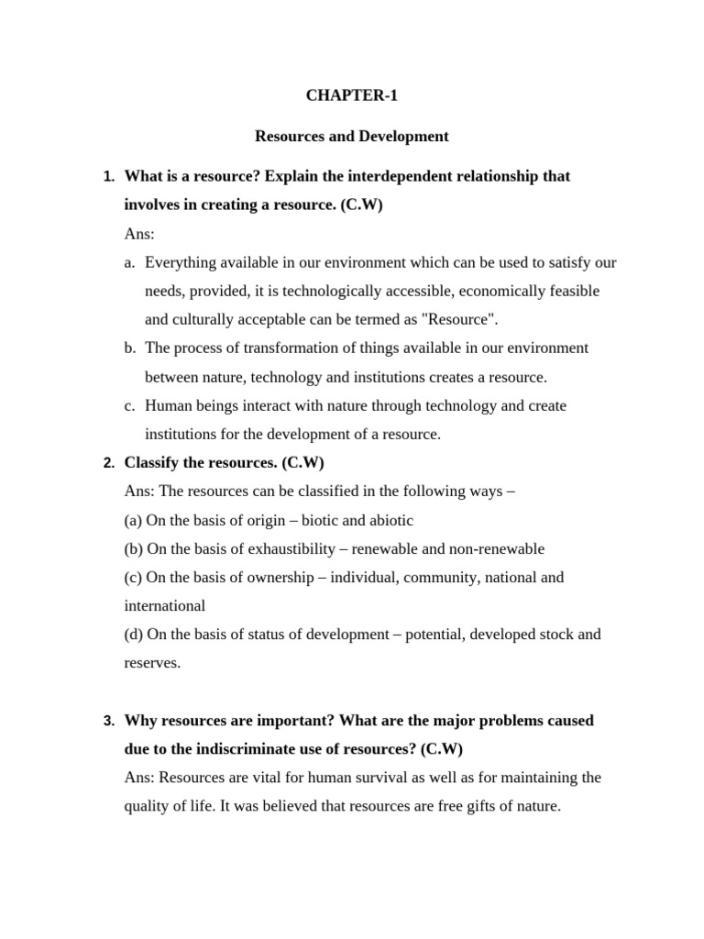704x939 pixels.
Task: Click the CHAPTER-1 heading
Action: pos(352,94)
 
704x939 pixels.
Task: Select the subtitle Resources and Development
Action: pos(352,137)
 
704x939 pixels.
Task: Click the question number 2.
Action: pos(107,463)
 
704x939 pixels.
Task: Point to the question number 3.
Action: pos(107,721)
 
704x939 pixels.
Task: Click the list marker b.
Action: pos(129,348)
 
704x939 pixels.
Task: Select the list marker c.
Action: pos(129,405)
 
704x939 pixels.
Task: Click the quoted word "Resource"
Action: pos(462,320)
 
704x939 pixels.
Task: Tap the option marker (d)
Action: pos(133,634)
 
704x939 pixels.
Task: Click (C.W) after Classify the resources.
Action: pos(303,463)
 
